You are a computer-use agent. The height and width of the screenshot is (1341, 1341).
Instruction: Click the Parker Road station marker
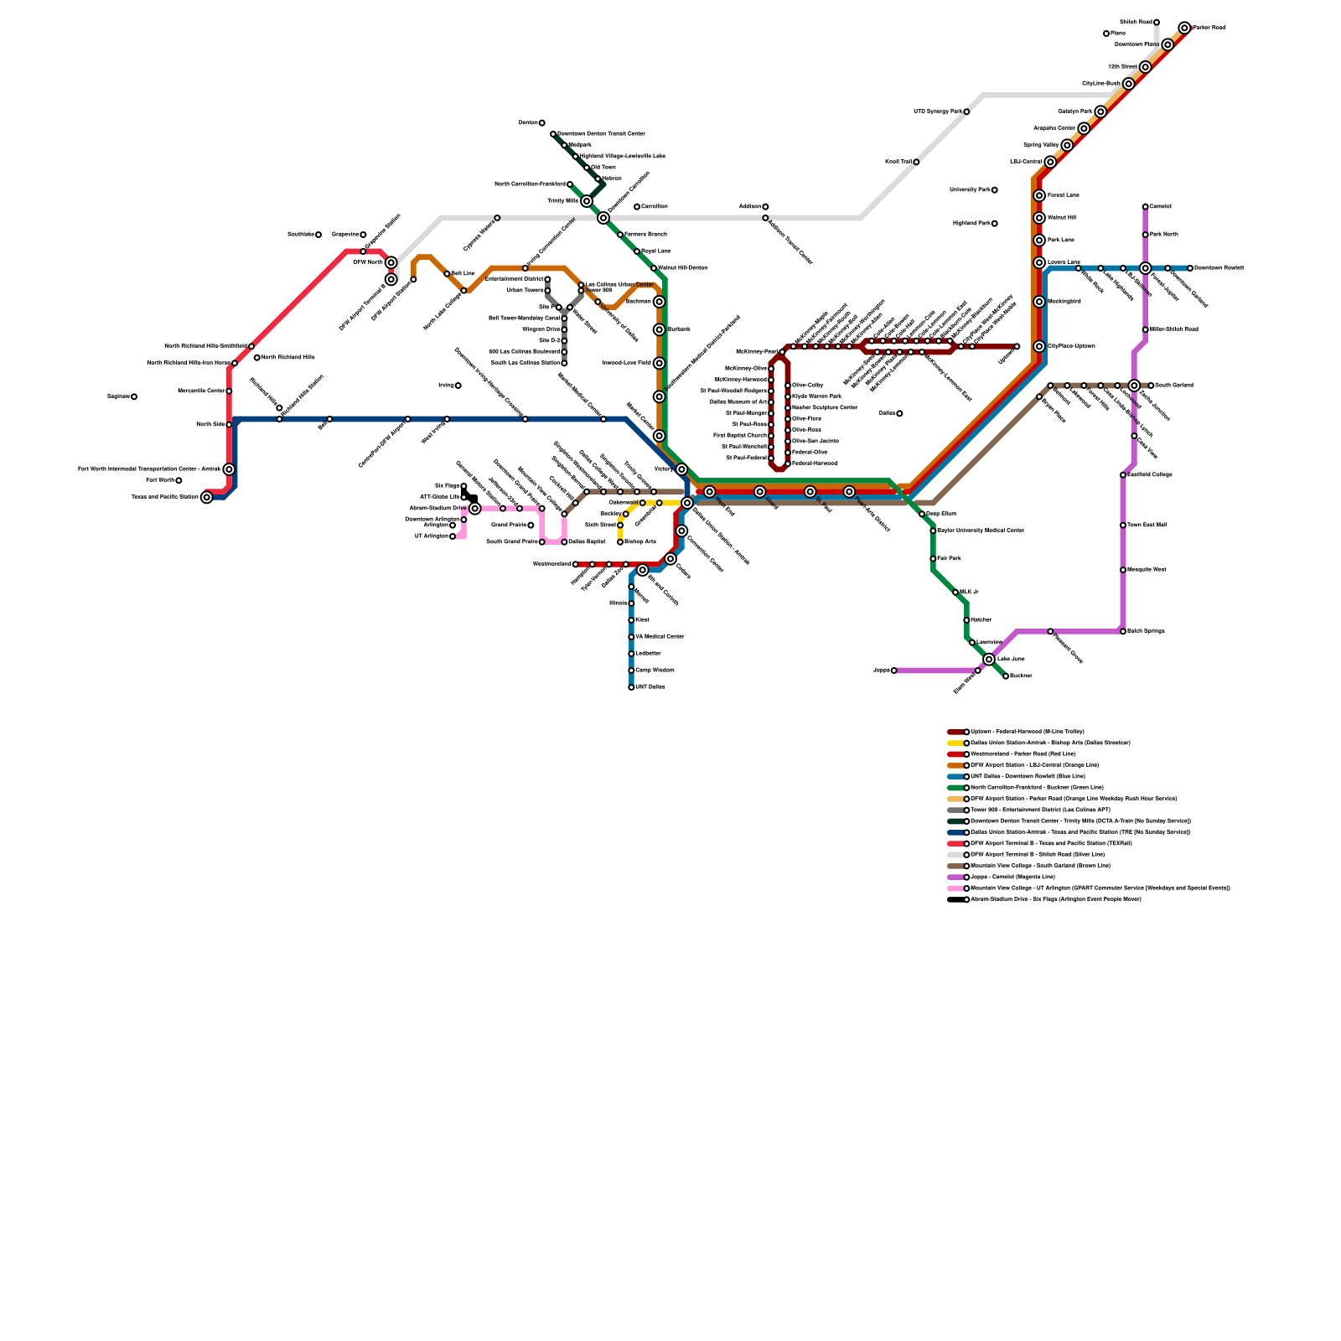pyautogui.click(x=1184, y=28)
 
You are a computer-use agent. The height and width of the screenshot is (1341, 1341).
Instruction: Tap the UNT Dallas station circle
pyautogui.click(x=631, y=687)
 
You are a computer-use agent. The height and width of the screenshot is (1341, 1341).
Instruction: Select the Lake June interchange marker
pyautogui.click(x=989, y=660)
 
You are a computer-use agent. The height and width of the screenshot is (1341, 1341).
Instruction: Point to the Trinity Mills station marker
pyautogui.click(x=587, y=201)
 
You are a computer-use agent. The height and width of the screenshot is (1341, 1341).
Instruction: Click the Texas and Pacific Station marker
pyautogui.click(x=207, y=497)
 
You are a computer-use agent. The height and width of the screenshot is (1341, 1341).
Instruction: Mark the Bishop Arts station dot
pyautogui.click(x=620, y=542)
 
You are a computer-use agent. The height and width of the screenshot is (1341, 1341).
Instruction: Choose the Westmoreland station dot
pyautogui.click(x=576, y=564)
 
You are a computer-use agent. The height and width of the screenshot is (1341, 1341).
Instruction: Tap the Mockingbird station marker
pyautogui.click(x=1039, y=302)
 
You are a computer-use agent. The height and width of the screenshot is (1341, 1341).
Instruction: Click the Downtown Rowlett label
pyautogui.click(x=1219, y=268)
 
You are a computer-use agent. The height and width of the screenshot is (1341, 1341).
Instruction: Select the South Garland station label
pyautogui.click(x=1173, y=386)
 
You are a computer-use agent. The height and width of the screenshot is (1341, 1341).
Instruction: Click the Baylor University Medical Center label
pyautogui.click(x=981, y=531)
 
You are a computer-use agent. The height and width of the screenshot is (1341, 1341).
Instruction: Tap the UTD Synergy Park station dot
pyautogui.click(x=966, y=111)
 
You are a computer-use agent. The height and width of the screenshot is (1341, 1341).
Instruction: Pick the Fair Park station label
pyautogui.click(x=950, y=558)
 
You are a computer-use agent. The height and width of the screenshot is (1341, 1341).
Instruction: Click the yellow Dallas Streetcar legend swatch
pyautogui.click(x=956, y=743)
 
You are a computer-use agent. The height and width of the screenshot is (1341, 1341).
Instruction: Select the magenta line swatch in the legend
pyautogui.click(x=956, y=877)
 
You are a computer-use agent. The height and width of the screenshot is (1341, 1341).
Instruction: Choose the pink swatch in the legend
pyautogui.click(x=956, y=888)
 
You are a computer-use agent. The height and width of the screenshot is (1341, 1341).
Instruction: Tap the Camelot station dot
pyautogui.click(x=1145, y=206)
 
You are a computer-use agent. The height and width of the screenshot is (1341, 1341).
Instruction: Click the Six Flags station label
pyautogui.click(x=448, y=486)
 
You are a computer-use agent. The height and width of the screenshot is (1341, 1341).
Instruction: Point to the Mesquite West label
pyautogui.click(x=1147, y=570)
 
